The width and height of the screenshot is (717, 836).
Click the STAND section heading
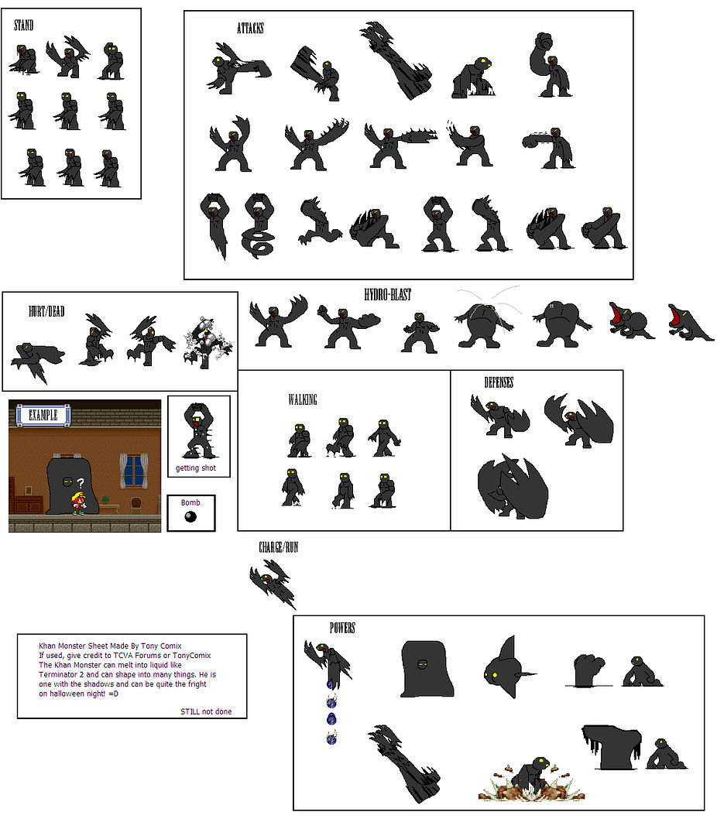pyautogui.click(x=23, y=25)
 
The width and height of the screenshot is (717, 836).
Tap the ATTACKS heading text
pyautogui.click(x=250, y=28)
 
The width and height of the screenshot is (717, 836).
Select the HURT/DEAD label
pyautogui.click(x=46, y=311)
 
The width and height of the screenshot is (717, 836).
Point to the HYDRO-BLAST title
pyautogui.click(x=388, y=294)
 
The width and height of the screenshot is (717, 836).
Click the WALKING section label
pyautogui.click(x=303, y=400)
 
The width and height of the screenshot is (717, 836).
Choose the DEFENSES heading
pyautogui.click(x=499, y=382)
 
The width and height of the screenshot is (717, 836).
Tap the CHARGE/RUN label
pyautogui.click(x=279, y=547)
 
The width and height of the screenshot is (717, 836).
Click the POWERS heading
pyautogui.click(x=342, y=628)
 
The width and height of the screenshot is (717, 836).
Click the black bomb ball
pyautogui.click(x=190, y=516)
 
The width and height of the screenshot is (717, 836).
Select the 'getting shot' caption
pyautogui.click(x=196, y=468)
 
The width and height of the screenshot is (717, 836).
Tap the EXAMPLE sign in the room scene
pyautogui.click(x=43, y=416)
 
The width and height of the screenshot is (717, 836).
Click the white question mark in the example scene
pyautogui.click(x=81, y=484)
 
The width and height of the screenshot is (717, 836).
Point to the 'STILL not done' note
pyautogui.click(x=206, y=712)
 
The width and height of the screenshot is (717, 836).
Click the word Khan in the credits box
pyautogui.click(x=46, y=646)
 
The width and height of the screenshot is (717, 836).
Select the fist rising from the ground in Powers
pyautogui.click(x=589, y=670)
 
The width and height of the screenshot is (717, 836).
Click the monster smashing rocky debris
pyautogui.click(x=531, y=779)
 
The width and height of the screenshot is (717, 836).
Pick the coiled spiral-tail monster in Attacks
pyautogui.click(x=259, y=226)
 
